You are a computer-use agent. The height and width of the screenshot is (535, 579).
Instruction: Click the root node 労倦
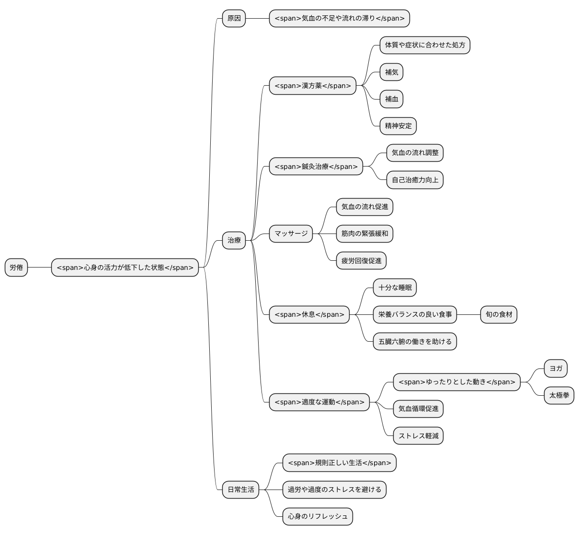pos(16,267)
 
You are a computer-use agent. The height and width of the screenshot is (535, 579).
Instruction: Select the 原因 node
pos(234,18)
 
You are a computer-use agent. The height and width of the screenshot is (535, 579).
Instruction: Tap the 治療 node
pos(234,240)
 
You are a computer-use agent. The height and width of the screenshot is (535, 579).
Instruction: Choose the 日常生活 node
pos(240,490)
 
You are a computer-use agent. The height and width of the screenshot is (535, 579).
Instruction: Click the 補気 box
pos(391,72)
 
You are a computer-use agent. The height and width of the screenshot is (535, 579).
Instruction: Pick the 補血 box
pos(391,99)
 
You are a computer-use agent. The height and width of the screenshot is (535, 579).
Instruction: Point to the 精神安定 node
pos(398,126)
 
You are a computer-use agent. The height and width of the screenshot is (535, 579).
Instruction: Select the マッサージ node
pos(291,234)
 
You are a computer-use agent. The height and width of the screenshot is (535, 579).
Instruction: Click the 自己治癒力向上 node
pos(415,180)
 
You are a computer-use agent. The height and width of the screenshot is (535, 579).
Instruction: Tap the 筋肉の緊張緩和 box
pos(364,234)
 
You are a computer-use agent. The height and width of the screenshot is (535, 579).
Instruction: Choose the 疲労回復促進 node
pos(361,260)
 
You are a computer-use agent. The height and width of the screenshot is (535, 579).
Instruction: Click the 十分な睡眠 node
pos(395,288)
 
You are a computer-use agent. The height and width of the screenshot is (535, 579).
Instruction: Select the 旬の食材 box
pos(499,315)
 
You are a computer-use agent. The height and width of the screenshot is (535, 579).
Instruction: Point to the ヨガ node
pos(556,368)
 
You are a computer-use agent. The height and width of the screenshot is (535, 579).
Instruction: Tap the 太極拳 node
pos(559,395)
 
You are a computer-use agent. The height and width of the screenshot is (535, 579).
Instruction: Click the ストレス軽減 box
pos(418,435)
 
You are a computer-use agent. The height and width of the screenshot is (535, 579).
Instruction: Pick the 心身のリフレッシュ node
pos(318,516)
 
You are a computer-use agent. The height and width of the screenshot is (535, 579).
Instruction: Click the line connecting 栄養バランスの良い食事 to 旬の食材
pos(468,315)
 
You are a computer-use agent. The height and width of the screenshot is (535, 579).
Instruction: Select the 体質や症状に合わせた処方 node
pos(425,45)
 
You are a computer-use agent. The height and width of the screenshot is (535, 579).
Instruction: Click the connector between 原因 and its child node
pos(258,18)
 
